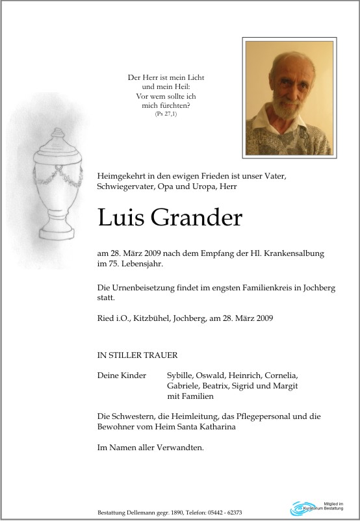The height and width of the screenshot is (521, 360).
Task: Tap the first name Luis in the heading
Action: point(121,218)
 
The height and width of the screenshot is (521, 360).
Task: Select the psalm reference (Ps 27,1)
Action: point(166,114)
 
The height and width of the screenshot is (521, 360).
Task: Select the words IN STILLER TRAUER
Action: point(136,355)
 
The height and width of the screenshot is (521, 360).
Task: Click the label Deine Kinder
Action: point(122,375)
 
